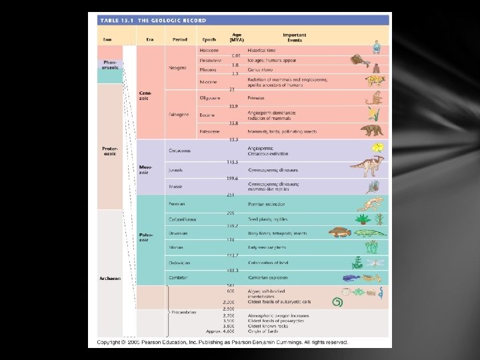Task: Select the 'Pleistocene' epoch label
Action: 211,61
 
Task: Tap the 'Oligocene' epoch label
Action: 210,98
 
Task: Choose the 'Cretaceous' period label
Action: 180,150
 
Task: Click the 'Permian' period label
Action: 177,204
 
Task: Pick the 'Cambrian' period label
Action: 178,277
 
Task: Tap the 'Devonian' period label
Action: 178,233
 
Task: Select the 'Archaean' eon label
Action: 110,279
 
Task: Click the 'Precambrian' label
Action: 183,311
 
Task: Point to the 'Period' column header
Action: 180,39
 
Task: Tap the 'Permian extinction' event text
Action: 265,204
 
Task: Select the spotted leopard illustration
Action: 375,81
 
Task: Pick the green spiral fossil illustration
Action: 337,302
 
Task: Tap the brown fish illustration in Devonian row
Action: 339,233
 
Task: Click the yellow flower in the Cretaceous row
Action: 377,147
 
